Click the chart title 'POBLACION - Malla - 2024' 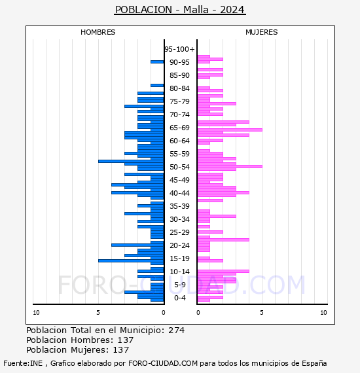tap(180, 10)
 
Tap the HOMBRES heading tap(98, 32)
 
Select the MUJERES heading tap(262, 32)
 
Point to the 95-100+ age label tap(179, 49)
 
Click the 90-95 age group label tap(179, 62)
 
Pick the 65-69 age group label tap(179, 128)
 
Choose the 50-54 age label tap(179, 167)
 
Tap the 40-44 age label tap(179, 193)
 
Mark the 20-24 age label tap(179, 245)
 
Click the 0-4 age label tap(180, 298)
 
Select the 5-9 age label tap(180, 285)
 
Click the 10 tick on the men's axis tap(36, 313)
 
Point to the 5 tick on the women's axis tap(262, 313)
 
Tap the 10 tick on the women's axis tap(323, 313)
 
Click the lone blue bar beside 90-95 tap(157, 62)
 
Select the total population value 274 tap(176, 330)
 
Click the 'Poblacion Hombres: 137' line tap(80, 340)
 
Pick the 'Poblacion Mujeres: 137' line tap(78, 349)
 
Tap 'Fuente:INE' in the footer tap(23, 363)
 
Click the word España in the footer tap(314, 363)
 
